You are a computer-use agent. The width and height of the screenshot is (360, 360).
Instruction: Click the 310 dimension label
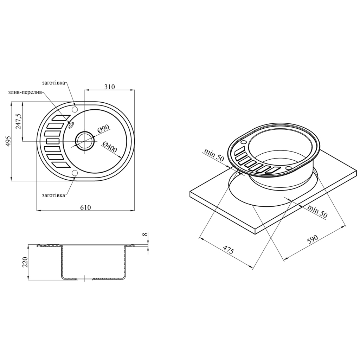click(110, 87)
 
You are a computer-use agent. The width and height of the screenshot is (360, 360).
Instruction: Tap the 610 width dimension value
click(86, 207)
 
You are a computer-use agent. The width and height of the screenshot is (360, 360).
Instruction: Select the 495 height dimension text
click(8, 141)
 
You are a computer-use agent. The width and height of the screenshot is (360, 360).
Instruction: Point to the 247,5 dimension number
click(19, 122)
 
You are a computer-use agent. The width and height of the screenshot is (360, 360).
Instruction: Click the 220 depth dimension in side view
click(25, 262)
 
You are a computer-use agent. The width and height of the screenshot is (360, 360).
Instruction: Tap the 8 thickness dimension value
click(144, 234)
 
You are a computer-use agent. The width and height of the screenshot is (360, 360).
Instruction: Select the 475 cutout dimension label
click(228, 249)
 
